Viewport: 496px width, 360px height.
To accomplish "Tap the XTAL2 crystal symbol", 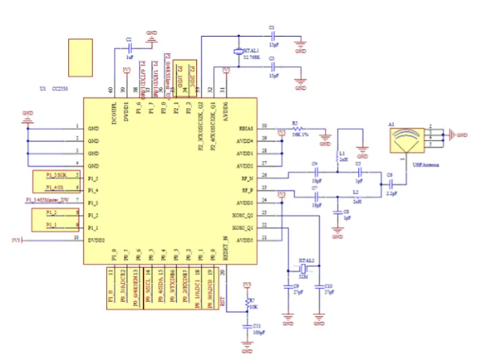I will (305, 269).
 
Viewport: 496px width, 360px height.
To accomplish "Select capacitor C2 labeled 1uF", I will (130, 49).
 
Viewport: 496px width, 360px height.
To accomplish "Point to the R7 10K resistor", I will (247, 303).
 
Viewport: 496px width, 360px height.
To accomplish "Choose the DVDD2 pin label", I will (96, 240).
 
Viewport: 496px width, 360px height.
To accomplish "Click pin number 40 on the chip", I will (110, 89).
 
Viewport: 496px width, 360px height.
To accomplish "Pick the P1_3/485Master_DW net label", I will (47, 201).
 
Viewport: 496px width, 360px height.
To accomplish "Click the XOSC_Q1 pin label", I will (243, 227).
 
